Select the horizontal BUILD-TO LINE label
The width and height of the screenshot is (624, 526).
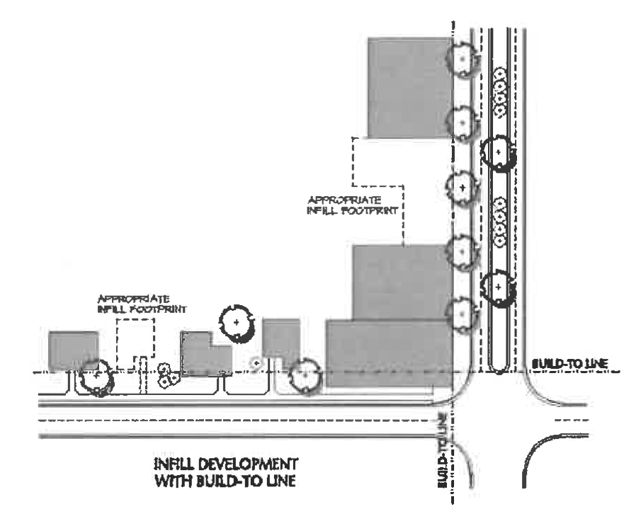(x=569, y=362)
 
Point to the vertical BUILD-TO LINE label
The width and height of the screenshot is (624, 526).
(x=443, y=454)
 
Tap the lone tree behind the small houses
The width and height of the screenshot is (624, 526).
(x=235, y=323)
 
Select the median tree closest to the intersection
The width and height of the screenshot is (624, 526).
(x=499, y=287)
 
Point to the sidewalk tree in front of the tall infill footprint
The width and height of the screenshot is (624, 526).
(x=462, y=188)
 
